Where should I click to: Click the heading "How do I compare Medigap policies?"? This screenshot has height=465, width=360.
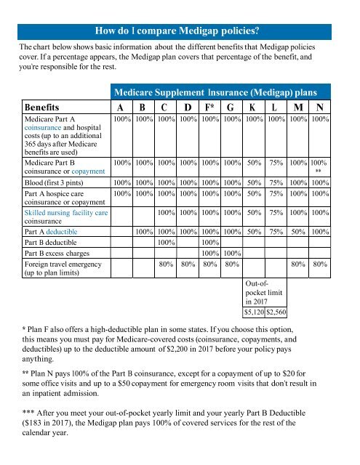[180, 31]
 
